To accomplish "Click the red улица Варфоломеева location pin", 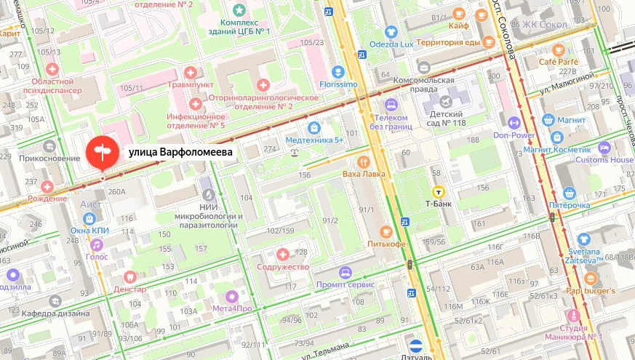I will [103, 151].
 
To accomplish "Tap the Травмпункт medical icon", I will [191, 72].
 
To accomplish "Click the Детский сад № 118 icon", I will [443, 97].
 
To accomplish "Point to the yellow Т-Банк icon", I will [439, 192].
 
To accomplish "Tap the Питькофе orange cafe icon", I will [386, 231].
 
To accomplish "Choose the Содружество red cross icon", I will [283, 255].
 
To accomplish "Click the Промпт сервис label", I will [345, 284].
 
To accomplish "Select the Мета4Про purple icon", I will [231, 296].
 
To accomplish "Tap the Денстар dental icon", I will [130, 276].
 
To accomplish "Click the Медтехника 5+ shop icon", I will [313, 127].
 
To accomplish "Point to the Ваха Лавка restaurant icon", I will [363, 162].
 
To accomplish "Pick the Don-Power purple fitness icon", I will [514, 123].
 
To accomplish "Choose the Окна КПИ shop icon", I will [89, 218].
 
